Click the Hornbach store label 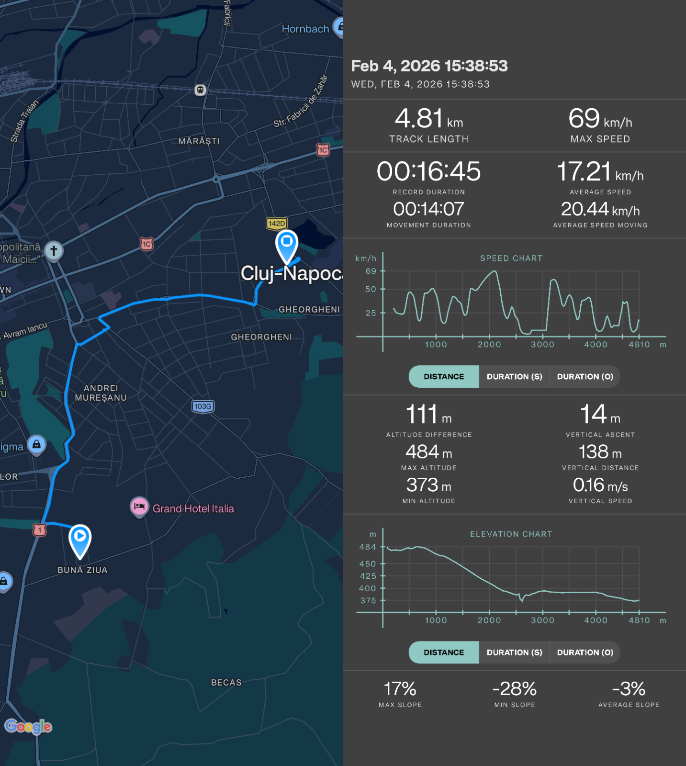pos(305,29)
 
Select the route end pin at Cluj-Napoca pos(287,244)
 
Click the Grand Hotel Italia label pos(193,508)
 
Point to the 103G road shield pos(203,406)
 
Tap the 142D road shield pos(277,224)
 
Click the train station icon pos(200,90)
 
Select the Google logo pos(28,726)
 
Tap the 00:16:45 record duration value pos(428,171)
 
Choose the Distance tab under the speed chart pos(444,377)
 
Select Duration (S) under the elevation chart pos(514,653)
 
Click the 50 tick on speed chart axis pos(371,289)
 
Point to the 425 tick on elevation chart pos(368,576)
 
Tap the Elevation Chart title pos(511,534)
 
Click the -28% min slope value pos(514,689)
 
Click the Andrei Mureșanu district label pos(101,393)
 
